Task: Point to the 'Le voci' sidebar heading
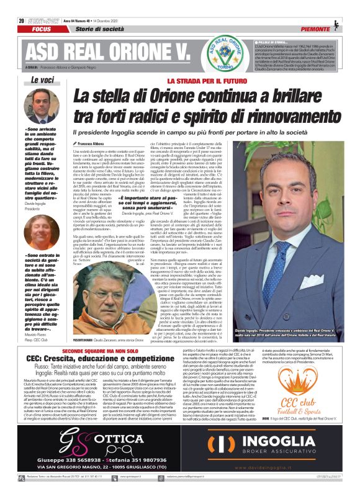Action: (43, 79)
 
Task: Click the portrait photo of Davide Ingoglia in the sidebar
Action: (43, 106)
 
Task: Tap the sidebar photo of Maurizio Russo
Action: (43, 234)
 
